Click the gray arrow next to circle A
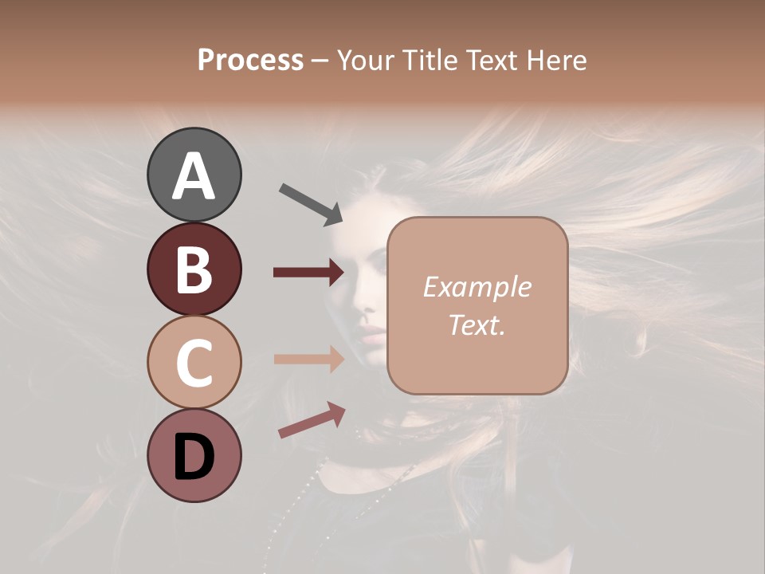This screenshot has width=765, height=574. [311, 203]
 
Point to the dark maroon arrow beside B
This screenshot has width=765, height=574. [308, 273]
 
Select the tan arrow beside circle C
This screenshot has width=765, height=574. [308, 359]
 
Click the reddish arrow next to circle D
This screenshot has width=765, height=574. [312, 420]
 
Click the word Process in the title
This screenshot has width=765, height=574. [250, 61]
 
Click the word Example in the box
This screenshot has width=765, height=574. [477, 287]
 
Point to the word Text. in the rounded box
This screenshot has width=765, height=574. [477, 324]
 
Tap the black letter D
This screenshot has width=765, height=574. [194, 457]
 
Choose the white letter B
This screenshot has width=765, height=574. [194, 270]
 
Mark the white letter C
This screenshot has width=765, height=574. [194, 364]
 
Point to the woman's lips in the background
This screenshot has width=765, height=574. [373, 332]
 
